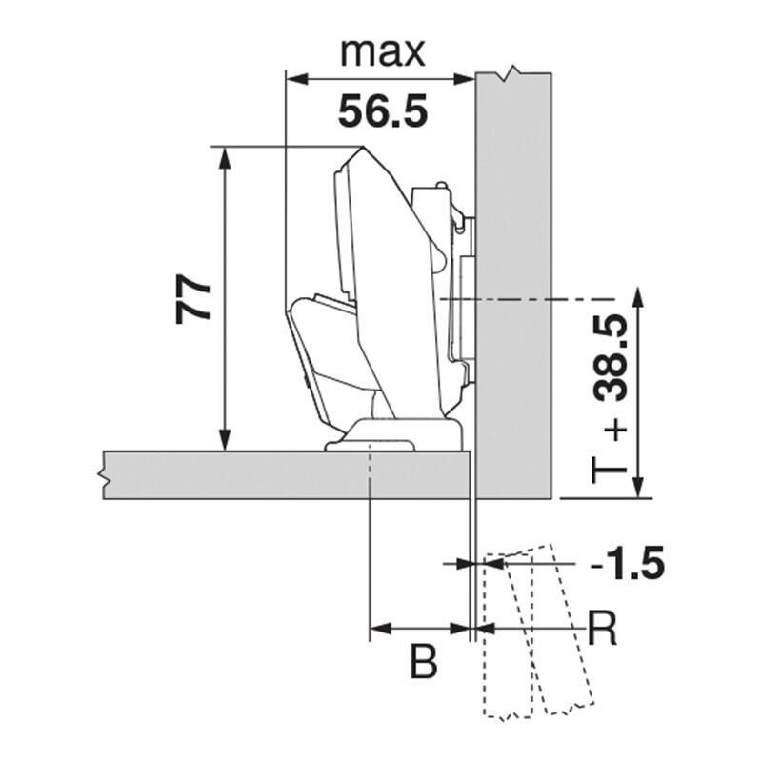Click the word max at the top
coord(383,52)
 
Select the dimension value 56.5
coord(383,111)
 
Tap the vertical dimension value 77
coord(192,299)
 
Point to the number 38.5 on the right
coord(611,358)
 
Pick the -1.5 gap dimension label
coord(628,563)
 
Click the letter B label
coord(424,661)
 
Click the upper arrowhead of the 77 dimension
coord(224,157)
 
